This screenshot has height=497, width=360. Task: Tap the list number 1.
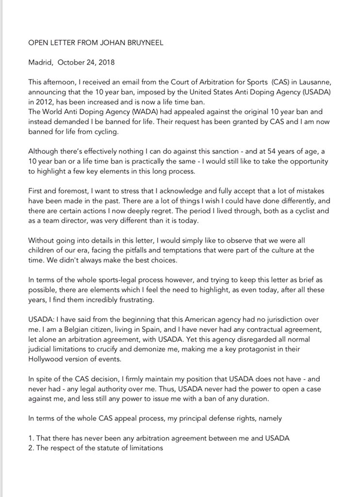coord(31,438)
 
